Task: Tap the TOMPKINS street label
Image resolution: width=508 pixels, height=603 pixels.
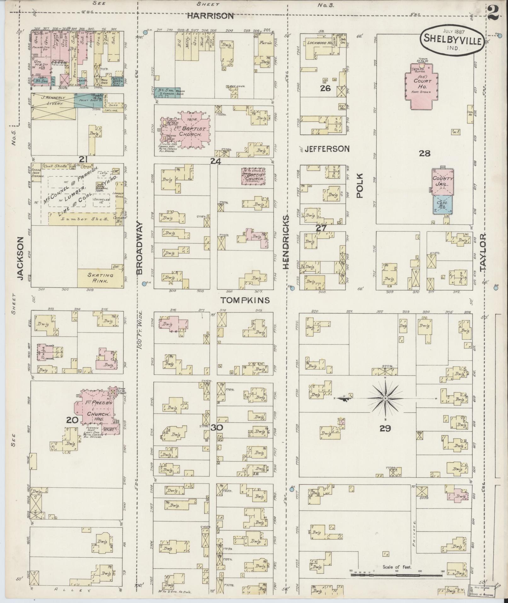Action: (245, 300)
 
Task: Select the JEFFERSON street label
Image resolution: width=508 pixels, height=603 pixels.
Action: (327, 149)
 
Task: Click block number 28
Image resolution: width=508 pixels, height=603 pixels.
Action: (424, 154)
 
